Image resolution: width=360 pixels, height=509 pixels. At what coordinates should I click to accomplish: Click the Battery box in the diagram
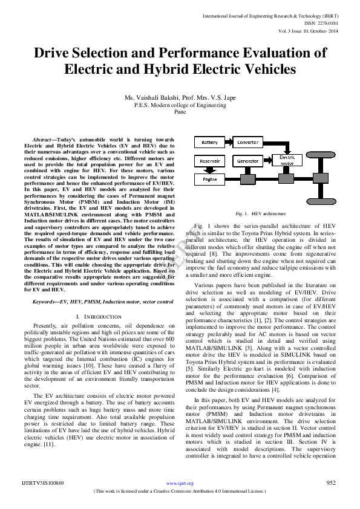click(x=209, y=142)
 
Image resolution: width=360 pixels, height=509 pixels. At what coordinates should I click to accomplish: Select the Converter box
click(x=247, y=142)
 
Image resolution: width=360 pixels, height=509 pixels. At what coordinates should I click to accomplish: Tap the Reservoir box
click(x=209, y=161)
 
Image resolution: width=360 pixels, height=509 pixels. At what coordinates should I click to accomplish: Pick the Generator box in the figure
click(x=247, y=161)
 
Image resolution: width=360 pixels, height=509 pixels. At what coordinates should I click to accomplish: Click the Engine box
click(x=209, y=180)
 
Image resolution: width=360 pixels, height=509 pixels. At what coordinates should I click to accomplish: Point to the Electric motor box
click(x=287, y=160)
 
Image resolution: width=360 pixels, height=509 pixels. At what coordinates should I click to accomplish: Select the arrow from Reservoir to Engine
click(x=209, y=170)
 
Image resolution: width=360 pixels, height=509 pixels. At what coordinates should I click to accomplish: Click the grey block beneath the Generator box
click(x=247, y=179)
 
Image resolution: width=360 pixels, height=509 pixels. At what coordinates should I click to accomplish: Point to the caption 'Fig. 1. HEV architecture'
click(x=261, y=213)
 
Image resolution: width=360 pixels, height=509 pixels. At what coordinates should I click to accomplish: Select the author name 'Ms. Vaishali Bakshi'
click(x=149, y=97)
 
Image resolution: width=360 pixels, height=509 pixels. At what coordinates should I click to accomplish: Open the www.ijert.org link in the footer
click(x=180, y=483)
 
